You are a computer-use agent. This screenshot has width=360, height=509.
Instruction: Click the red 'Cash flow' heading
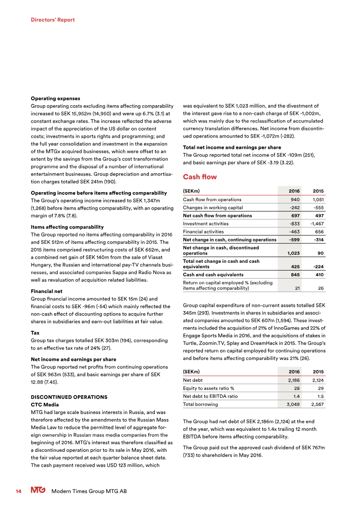(x=199, y=177)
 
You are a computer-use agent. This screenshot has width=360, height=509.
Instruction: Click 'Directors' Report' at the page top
(x=53, y=20)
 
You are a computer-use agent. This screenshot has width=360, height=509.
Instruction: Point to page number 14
(x=18, y=491)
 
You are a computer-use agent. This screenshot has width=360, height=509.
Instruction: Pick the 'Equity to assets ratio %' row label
(x=208, y=388)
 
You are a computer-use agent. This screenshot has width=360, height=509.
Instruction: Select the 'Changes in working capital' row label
(x=212, y=207)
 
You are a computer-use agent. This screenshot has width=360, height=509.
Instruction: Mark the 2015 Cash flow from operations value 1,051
(x=317, y=199)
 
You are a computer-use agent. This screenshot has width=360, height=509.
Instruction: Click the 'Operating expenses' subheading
(x=55, y=98)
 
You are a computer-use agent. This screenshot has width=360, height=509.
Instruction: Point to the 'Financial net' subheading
(x=46, y=291)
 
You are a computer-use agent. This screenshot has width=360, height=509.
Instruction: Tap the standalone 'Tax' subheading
(x=35, y=333)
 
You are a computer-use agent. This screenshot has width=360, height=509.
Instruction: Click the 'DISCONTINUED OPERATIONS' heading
(x=68, y=397)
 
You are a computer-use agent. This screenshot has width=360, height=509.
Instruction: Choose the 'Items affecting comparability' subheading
(x=67, y=227)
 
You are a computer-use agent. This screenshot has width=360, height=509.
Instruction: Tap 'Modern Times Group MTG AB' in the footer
(x=89, y=491)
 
